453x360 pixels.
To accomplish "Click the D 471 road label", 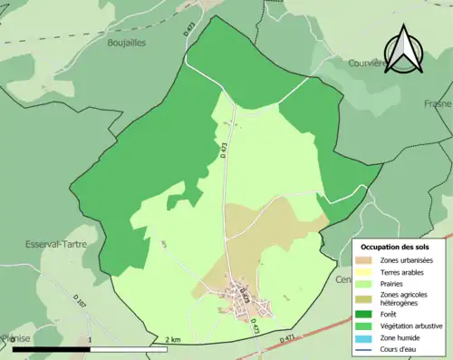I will pos(288,338).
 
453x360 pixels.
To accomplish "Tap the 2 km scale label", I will pos(173,340).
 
